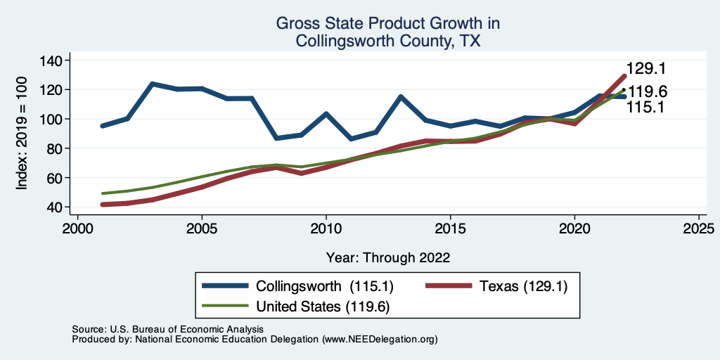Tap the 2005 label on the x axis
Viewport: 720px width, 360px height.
coord(202,229)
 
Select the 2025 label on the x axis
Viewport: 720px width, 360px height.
coord(699,229)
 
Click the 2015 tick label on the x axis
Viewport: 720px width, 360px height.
coord(450,229)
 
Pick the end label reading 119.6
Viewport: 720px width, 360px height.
coord(647,92)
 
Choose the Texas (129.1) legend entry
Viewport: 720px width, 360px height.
coord(523,286)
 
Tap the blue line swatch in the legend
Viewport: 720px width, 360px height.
coord(225,286)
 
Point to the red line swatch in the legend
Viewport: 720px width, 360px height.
coord(450,286)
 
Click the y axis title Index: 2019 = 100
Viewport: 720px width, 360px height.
coord(22,134)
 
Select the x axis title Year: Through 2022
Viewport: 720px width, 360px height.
coord(387,257)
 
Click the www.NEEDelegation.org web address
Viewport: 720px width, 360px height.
coord(380,339)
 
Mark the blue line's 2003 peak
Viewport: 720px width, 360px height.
coord(152,84)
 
